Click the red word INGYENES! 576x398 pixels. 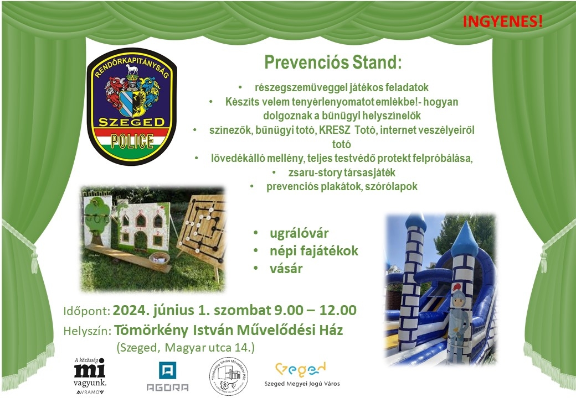[502, 22]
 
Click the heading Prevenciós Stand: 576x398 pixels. [333, 62]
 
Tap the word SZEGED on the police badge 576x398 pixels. [131, 122]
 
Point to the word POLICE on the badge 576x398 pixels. [132, 141]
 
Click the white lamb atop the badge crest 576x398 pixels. [131, 69]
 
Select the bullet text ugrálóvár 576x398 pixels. [299, 233]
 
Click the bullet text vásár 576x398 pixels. [286, 269]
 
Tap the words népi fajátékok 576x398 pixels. [313, 251]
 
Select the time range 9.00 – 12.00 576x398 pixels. [316, 310]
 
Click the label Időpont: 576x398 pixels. [87, 311]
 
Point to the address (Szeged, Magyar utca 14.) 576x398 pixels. [186, 348]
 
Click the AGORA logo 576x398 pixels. [167, 376]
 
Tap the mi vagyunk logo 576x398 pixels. [90, 376]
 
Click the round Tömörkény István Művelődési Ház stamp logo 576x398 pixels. [229, 376]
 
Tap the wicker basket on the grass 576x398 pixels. [159, 260]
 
